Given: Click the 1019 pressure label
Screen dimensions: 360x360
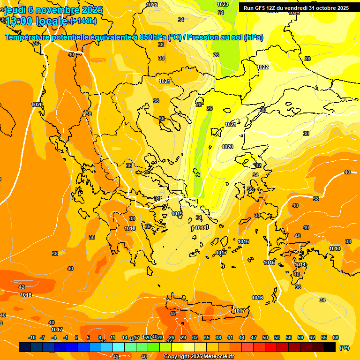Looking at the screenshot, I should [177, 214].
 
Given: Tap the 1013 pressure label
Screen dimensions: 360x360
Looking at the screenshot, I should [335, 248].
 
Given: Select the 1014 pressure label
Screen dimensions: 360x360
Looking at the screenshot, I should [300, 265].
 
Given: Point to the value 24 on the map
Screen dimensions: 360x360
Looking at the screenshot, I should [221, 13].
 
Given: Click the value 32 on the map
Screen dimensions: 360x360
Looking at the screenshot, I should [258, 165].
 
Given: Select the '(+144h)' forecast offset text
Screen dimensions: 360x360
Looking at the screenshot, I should [83, 21].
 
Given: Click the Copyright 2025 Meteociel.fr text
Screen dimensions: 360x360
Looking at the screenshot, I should [199, 356].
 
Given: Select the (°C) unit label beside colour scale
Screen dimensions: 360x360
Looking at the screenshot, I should [344, 348].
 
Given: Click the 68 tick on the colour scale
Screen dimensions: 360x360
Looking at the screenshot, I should [336, 337].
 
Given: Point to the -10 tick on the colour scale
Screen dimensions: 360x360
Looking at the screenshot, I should [32, 337].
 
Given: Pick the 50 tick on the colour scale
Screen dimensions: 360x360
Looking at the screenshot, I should [265, 337].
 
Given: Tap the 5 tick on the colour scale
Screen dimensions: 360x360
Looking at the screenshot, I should [88, 337].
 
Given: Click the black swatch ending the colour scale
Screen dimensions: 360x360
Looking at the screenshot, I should [330, 347].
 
